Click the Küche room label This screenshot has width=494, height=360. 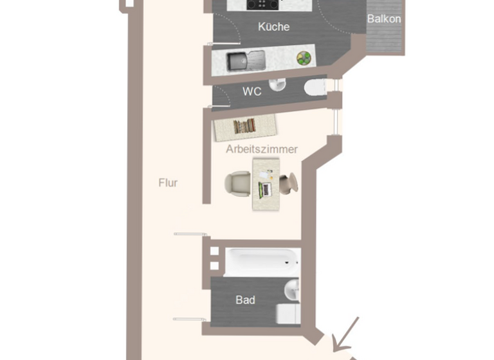point(273,27)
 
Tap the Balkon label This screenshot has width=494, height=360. point(384,19)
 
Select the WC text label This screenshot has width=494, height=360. point(252,92)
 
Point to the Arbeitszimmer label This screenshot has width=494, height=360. point(262,149)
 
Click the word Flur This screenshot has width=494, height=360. point(168,183)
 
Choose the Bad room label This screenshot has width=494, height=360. point(245,300)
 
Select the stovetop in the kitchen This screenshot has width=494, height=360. point(262,4)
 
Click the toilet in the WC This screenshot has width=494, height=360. point(316,87)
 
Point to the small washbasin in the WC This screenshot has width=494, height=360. point(278,84)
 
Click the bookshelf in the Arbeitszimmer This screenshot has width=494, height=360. point(244,126)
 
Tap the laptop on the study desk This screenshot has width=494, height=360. point(264,189)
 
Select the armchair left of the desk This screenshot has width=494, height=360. point(237,183)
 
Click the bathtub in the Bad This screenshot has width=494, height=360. point(262,262)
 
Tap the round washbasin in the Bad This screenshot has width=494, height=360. point(293,290)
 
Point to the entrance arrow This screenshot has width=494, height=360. point(347,332)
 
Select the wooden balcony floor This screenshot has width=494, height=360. point(384,40)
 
